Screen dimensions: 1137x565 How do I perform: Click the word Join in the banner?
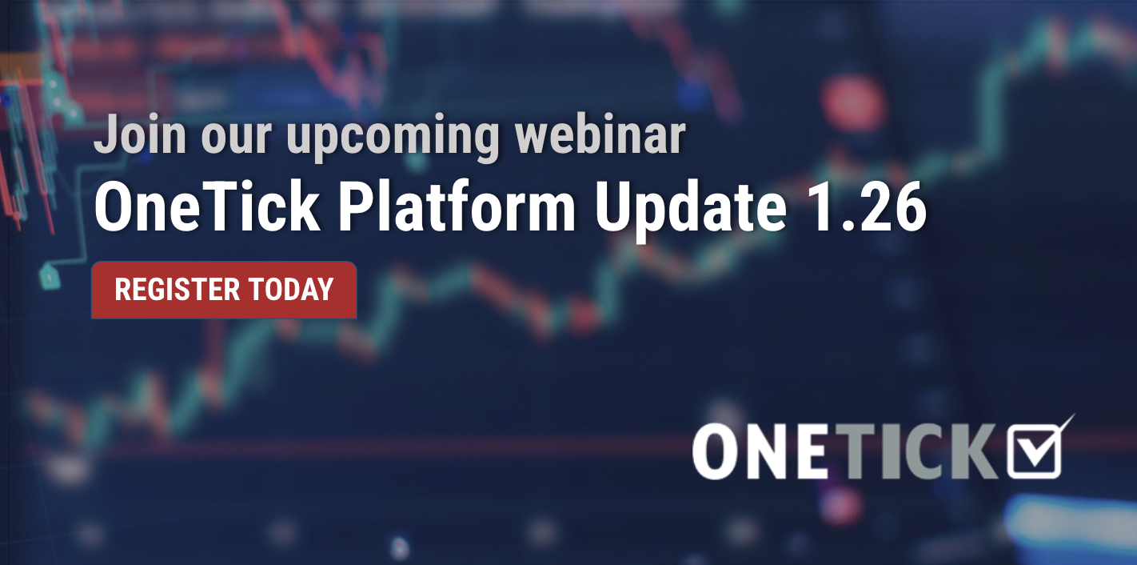tap(140, 134)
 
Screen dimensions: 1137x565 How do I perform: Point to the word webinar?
tap(600, 134)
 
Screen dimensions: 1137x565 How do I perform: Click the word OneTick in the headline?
tap(207, 206)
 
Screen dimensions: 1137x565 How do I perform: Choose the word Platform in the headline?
tap(457, 206)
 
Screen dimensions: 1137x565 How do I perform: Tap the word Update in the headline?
tap(690, 210)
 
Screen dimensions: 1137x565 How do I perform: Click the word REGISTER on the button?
tap(178, 290)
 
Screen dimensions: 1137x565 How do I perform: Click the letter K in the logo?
tap(975, 451)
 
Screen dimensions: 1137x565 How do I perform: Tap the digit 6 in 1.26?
tap(906, 207)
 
